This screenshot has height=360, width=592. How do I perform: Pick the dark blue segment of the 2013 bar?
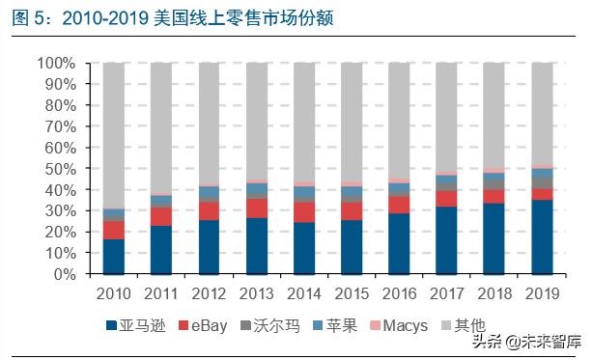click(x=257, y=245)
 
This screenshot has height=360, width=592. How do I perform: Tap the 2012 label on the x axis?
click(x=209, y=291)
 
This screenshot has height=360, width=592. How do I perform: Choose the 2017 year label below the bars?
click(x=447, y=291)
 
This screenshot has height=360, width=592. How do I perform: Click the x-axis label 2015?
click(x=352, y=291)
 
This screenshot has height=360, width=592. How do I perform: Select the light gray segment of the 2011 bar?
click(x=161, y=125)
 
